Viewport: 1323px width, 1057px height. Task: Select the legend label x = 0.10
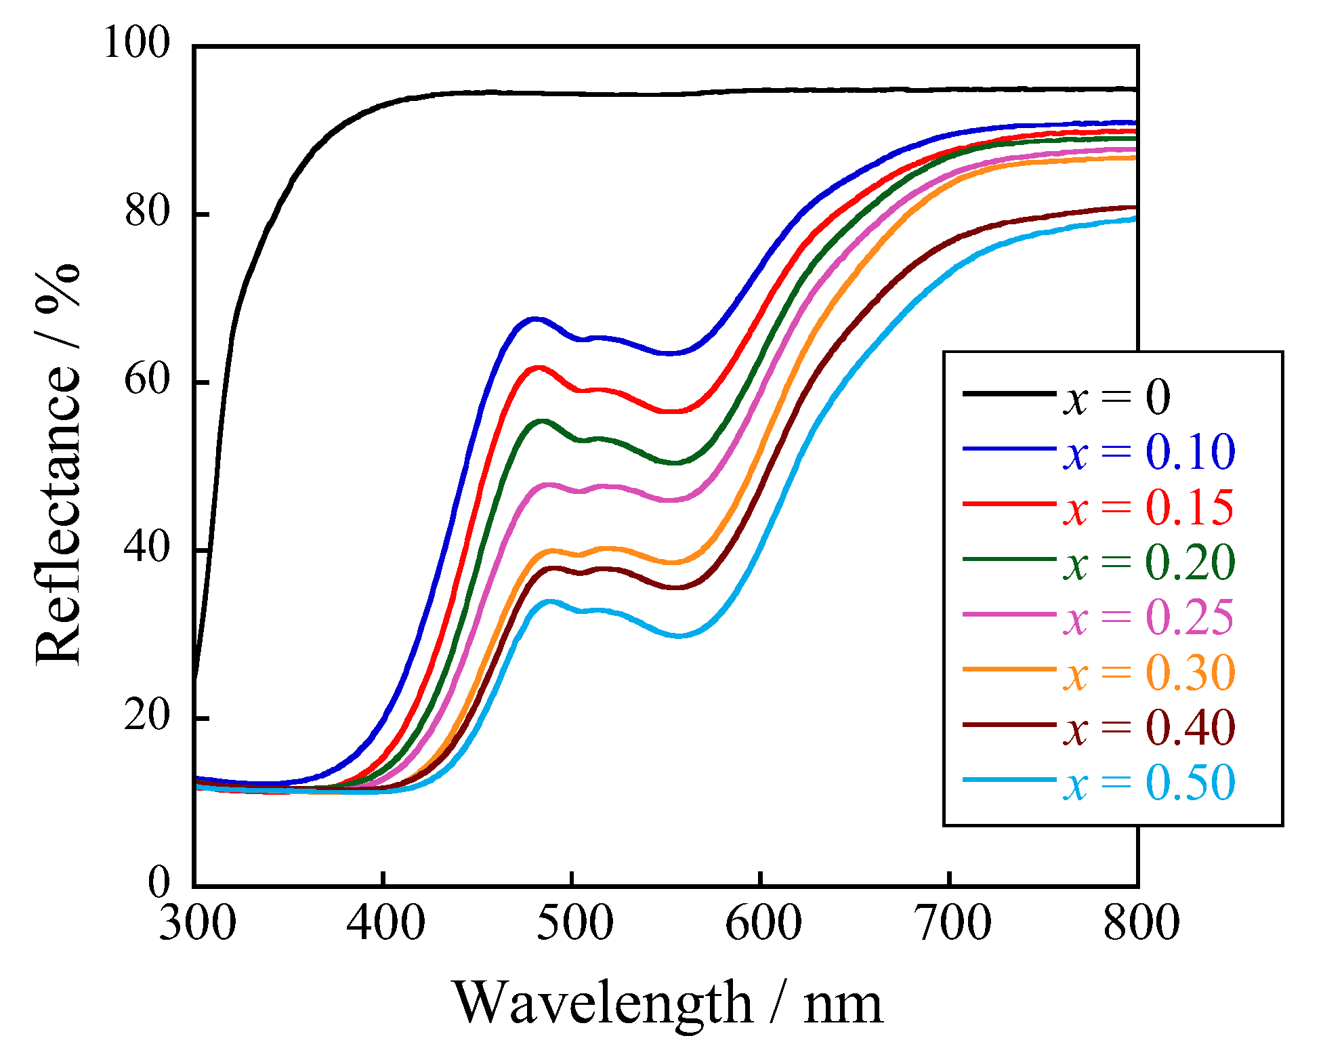tap(1149, 452)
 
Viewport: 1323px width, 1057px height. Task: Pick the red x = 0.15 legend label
tap(1149, 507)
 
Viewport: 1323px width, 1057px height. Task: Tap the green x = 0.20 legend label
tap(1149, 562)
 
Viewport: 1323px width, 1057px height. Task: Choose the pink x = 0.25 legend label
tap(1149, 618)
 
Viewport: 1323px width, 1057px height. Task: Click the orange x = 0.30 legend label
tap(1149, 673)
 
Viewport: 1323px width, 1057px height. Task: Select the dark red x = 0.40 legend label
tap(1149, 728)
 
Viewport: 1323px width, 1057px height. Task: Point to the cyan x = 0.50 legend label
tap(1149, 783)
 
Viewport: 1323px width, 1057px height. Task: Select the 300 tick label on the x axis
tap(197, 923)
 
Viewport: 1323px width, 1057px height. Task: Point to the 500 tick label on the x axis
tap(574, 923)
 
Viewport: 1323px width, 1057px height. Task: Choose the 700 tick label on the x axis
tap(952, 923)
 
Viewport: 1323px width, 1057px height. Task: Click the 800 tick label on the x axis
tap(1141, 923)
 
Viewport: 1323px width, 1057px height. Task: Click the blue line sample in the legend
tap(1009, 449)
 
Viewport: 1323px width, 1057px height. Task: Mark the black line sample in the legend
tap(1009, 393)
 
